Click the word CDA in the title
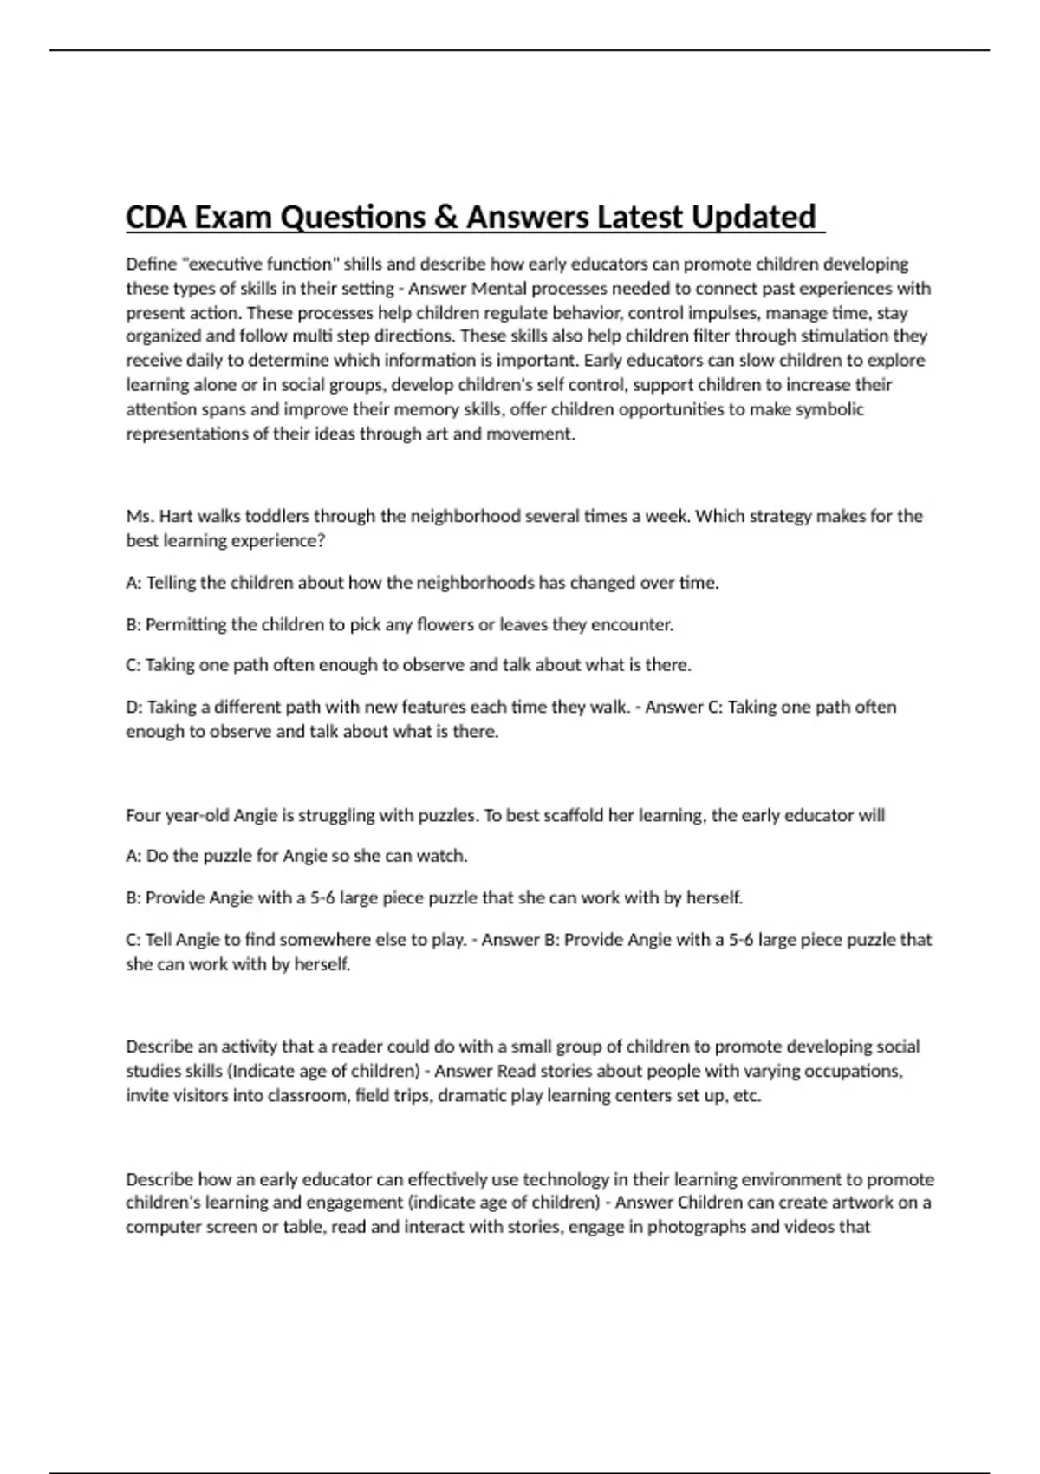(x=156, y=217)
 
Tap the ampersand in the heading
(x=447, y=217)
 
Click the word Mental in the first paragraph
(x=497, y=288)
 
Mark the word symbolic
(x=829, y=409)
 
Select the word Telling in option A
(x=171, y=583)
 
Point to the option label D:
(x=134, y=707)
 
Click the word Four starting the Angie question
(x=143, y=815)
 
